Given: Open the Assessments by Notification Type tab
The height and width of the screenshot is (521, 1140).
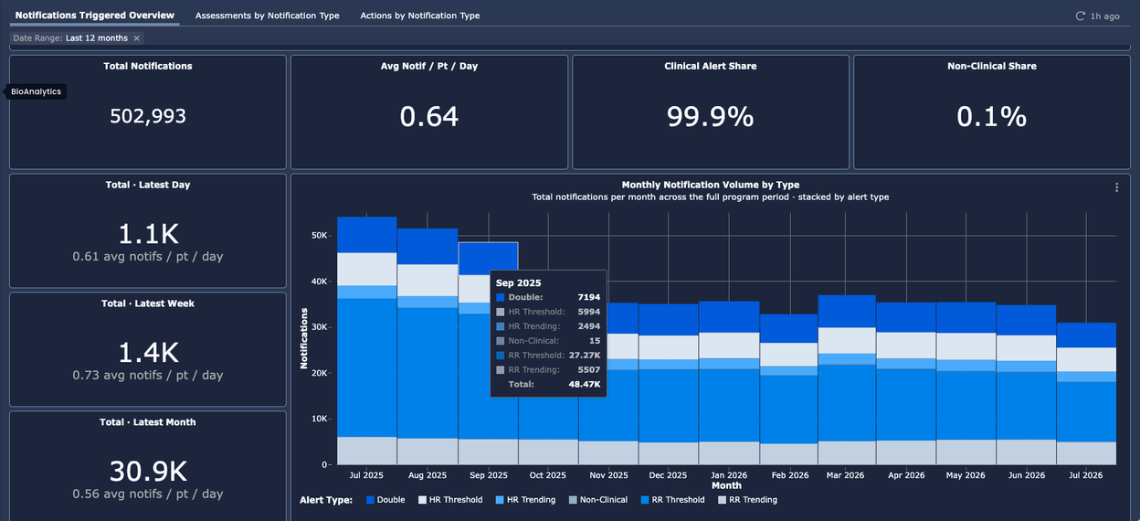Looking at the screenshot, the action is [267, 16].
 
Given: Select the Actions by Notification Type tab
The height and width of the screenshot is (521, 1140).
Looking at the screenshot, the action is [420, 16].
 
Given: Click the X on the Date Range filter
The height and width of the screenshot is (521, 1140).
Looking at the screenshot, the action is [136, 38].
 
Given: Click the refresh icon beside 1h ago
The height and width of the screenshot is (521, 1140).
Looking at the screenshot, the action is [1080, 16].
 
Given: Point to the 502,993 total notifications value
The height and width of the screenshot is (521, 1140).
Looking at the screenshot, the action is [148, 116].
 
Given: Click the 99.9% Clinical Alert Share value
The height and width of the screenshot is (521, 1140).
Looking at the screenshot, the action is [710, 117].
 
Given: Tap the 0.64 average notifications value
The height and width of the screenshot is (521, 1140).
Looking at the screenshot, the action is [429, 117].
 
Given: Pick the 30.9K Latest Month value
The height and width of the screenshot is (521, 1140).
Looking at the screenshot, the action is [148, 471].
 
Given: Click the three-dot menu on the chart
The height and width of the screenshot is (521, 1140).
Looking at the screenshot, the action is [1116, 187].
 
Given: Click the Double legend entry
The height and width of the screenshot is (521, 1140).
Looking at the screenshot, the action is [385, 500].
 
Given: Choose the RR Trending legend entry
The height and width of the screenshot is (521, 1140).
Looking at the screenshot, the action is [747, 500].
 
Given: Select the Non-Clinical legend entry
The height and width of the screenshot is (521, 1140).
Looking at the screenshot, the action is [598, 500].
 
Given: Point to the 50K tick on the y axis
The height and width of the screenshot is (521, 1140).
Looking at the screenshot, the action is [319, 235].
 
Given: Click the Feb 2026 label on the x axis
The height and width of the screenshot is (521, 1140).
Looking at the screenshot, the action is [790, 475].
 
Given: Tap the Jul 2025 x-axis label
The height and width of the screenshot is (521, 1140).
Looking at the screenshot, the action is [366, 475].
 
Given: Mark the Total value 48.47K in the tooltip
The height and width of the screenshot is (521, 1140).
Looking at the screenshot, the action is [585, 384].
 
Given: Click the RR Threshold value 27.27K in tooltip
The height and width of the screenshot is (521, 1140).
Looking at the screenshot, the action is [585, 355].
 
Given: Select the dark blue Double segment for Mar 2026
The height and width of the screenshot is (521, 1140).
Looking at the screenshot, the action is [847, 311].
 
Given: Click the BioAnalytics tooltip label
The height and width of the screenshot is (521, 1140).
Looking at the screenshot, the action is [37, 91].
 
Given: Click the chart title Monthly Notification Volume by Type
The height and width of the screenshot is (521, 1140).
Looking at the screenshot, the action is [711, 185].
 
